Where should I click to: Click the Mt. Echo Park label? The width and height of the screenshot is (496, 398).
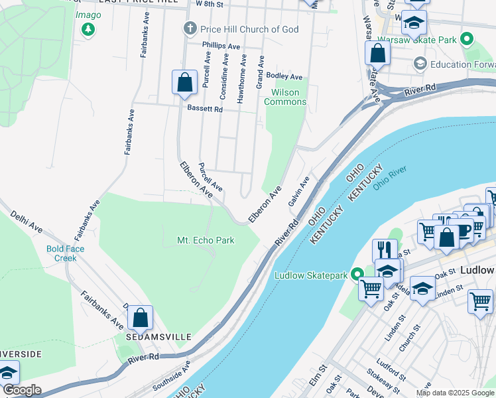tap(206, 240)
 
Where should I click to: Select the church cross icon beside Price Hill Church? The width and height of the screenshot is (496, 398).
tap(190, 29)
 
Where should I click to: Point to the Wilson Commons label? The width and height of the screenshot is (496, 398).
tap(285, 97)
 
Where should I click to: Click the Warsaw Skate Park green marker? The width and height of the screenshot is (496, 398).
tap(467, 40)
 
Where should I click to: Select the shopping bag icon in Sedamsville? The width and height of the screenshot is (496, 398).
tap(141, 318)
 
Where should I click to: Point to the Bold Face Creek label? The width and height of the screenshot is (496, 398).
tap(66, 253)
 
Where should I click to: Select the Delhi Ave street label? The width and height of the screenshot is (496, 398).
tap(27, 221)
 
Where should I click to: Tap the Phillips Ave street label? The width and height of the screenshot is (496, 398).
tap(221, 46)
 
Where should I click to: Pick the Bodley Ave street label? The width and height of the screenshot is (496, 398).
tap(284, 77)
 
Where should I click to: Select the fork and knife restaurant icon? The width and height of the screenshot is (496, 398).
tap(385, 250)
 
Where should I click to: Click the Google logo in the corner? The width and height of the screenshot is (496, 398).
tap(22, 390)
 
